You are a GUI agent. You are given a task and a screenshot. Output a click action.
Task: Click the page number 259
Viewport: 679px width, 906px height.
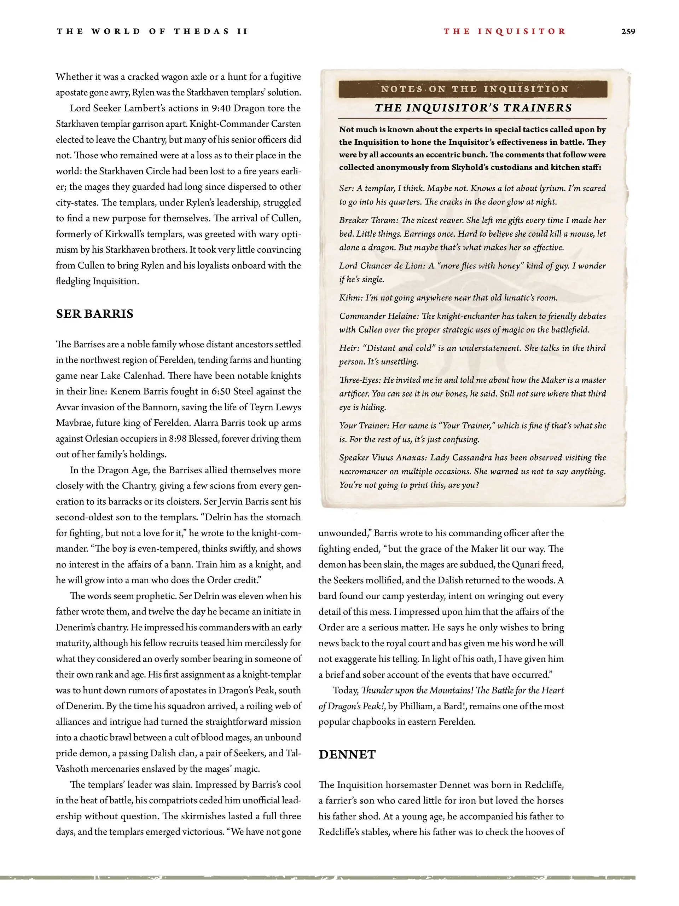pos(628,31)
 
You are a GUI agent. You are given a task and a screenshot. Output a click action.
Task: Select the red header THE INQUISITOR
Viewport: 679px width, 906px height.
pos(505,31)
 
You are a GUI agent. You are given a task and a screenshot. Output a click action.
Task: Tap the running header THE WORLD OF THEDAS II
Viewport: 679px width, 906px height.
pos(152,31)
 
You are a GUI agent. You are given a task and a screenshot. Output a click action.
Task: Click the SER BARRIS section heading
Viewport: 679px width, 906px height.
pos(95,314)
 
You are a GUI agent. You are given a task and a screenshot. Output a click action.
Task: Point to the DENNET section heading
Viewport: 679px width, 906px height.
pos(347,755)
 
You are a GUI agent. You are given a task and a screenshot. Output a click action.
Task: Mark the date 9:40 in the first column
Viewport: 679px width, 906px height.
pos(221,109)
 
